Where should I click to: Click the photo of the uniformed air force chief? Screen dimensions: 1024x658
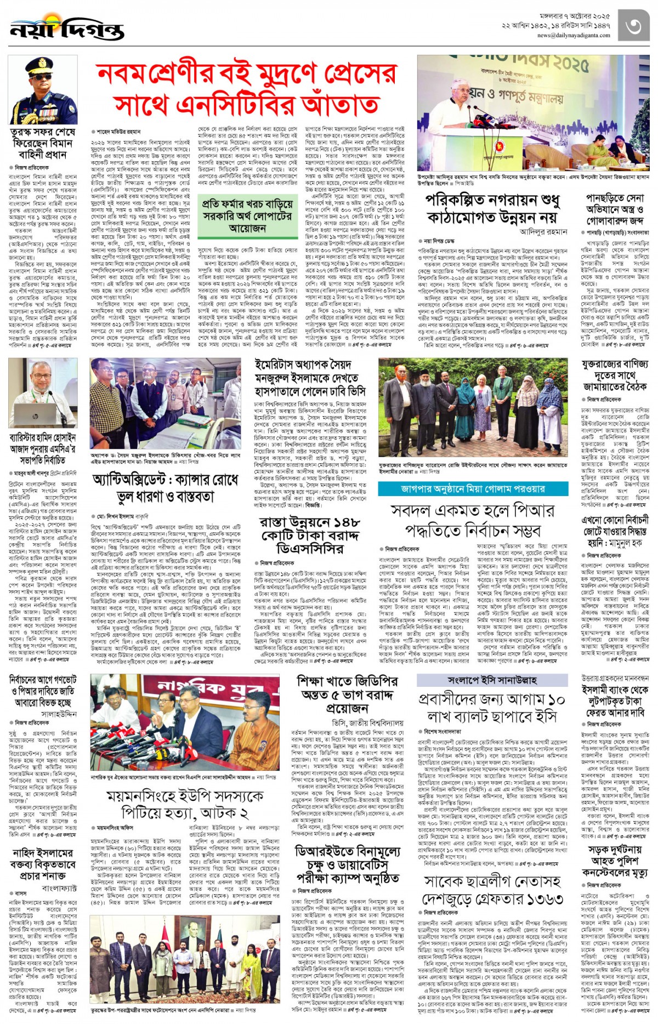pos(43,90)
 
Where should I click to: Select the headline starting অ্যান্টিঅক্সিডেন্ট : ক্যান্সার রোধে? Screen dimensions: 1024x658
pos(166,488)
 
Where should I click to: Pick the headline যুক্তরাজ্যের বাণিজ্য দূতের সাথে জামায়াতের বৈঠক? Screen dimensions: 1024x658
pos(615,376)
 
